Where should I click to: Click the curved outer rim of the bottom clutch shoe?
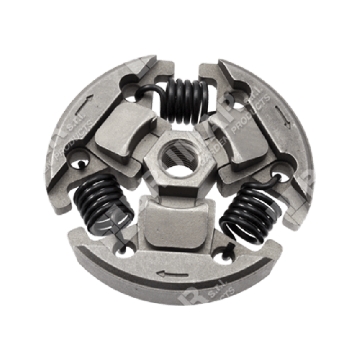[180, 300]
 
